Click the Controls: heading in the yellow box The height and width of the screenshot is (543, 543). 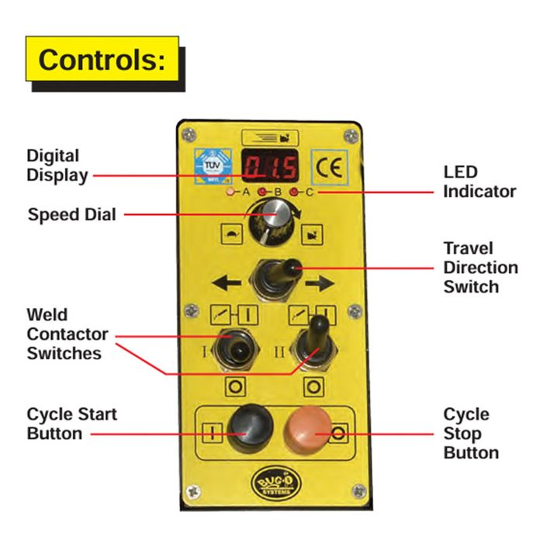click(x=102, y=60)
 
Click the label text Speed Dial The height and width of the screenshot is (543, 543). click(x=71, y=214)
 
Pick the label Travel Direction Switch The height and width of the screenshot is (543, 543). click(x=480, y=268)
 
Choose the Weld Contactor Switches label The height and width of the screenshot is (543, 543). click(x=67, y=334)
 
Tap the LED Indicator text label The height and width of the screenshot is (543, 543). click(x=479, y=182)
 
